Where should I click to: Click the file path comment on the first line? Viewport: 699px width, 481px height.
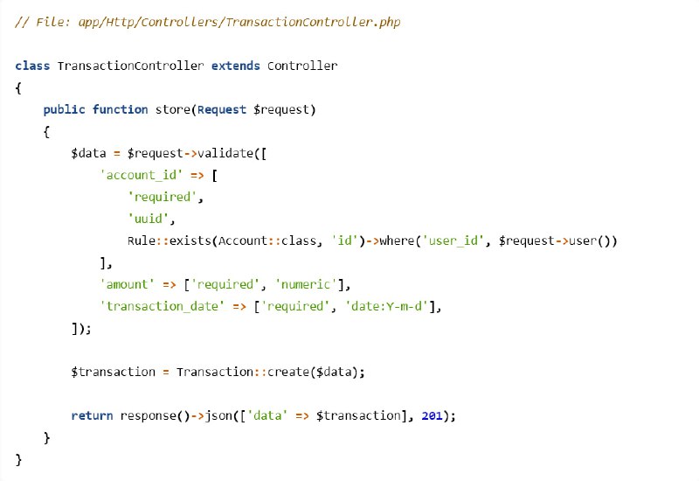pos(208,23)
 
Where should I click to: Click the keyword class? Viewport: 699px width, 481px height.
pos(32,66)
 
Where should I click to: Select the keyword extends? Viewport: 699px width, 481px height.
pos(235,66)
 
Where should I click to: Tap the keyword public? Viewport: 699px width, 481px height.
pos(64,110)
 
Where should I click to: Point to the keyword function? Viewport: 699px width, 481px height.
pos(120,109)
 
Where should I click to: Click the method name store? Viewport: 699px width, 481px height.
pos(173,109)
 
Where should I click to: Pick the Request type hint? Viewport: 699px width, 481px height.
pos(222,110)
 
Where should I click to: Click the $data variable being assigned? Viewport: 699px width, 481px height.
pos(88,153)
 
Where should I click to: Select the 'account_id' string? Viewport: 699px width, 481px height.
pos(142,175)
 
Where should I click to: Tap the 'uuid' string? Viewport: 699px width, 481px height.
pos(149,219)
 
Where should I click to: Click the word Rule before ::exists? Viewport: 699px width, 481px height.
pos(142,240)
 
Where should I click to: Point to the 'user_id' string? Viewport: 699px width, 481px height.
pos(453,241)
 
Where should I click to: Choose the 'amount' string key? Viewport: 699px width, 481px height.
pos(127,284)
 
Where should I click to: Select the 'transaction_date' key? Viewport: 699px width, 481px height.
pos(162,306)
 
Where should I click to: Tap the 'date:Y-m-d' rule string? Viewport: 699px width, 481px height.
pos(386,306)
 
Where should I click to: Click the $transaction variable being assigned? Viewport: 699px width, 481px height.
pos(114,372)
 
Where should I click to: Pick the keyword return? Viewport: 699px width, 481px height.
pos(92,416)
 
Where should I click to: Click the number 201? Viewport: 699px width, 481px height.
pos(432,416)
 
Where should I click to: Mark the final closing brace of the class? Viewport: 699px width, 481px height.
pos(18,460)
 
